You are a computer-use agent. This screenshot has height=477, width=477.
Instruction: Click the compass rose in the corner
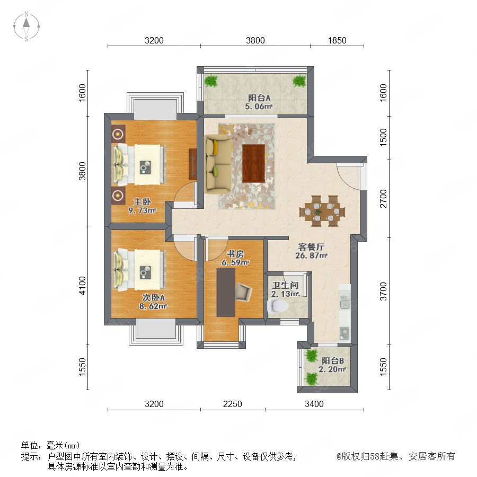[x=26, y=26]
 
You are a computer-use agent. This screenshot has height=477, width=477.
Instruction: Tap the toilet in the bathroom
[x=278, y=306]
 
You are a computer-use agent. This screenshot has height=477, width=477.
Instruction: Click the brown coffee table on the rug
[x=253, y=163]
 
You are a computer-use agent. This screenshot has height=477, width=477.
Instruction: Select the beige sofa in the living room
[x=218, y=164]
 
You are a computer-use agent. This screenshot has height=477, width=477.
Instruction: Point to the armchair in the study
[x=244, y=292]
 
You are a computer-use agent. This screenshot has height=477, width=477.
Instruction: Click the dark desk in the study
[x=226, y=293]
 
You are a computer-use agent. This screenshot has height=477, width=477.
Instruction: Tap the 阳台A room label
[x=259, y=98]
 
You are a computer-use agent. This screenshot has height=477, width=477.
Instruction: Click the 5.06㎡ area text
[x=259, y=106]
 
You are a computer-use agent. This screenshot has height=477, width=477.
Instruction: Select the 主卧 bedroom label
[x=143, y=202]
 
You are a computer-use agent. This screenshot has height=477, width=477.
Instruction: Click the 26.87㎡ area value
[x=311, y=255]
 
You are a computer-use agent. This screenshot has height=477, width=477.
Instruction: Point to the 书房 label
[x=235, y=254]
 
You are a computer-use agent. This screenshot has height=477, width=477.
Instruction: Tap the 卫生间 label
[x=285, y=285]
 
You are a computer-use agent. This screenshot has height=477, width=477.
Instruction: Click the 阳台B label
[x=333, y=361]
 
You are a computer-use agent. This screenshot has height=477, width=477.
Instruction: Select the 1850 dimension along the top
[x=337, y=40]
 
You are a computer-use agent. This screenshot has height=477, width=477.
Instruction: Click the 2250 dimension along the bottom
[x=233, y=404]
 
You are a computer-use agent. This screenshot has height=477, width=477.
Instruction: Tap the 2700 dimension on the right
[x=383, y=198]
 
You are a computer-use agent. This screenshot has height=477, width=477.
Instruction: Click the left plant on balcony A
[x=211, y=81]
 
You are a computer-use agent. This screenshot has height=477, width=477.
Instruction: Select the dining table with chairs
[x=322, y=211]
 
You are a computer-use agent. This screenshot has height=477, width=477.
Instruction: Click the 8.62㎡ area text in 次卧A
[x=153, y=306]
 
